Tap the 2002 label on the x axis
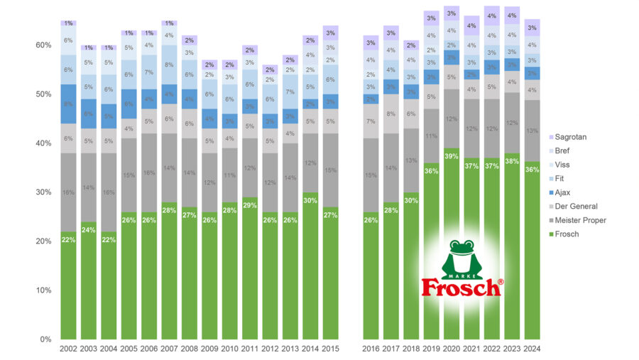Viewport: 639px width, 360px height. pyautogui.click(x=69, y=349)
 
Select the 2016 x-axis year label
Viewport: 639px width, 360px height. pyautogui.click(x=371, y=349)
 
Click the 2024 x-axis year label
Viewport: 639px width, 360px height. pyautogui.click(x=532, y=349)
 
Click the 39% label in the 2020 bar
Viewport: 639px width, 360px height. pyautogui.click(x=452, y=155)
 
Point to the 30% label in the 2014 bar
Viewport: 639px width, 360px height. pyautogui.click(x=310, y=200)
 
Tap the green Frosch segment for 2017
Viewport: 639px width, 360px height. pyautogui.click(x=391, y=284)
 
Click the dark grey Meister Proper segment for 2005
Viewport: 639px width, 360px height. pyautogui.click(x=129, y=175)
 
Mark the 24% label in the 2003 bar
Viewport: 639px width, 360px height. pyautogui.click(x=89, y=229)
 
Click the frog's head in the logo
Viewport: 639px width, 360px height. pyautogui.click(x=461, y=251)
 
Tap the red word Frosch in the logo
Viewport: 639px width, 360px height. pyautogui.click(x=460, y=287)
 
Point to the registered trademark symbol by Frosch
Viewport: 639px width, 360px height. pyautogui.click(x=501, y=282)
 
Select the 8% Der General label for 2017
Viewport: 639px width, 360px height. pyautogui.click(x=391, y=114)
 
